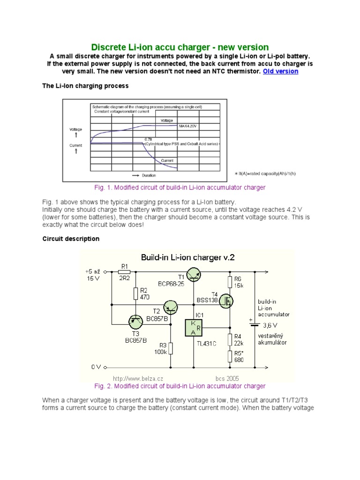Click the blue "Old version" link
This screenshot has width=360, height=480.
(280, 71)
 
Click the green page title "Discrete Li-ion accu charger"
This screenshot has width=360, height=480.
(180, 47)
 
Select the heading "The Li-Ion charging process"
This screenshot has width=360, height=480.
(85, 86)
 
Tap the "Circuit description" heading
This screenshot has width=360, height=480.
(71, 239)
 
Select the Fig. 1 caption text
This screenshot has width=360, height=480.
(180, 187)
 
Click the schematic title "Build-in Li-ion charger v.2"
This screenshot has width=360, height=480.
(187, 257)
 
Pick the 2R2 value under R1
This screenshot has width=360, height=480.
(125, 278)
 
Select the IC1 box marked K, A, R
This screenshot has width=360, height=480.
(194, 328)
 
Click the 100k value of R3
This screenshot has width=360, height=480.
(161, 352)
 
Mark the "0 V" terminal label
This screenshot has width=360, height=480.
(96, 367)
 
